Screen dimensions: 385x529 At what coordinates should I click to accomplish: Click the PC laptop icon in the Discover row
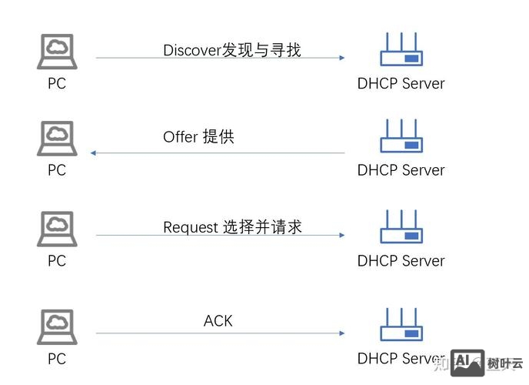pyautogui.click(x=57, y=51)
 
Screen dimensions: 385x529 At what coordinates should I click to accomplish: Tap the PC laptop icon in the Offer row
pyautogui.click(x=57, y=139)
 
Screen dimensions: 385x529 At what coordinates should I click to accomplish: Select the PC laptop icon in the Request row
pyautogui.click(x=57, y=229)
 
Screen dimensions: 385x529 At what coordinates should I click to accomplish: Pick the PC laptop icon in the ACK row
pyautogui.click(x=57, y=326)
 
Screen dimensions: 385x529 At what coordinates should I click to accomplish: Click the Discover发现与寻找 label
pyautogui.click(x=231, y=50)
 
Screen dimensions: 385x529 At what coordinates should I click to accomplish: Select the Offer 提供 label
pyautogui.click(x=198, y=137)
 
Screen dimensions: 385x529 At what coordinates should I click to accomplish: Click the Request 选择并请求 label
pyautogui.click(x=232, y=227)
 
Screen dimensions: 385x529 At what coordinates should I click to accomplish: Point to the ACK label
pyautogui.click(x=218, y=320)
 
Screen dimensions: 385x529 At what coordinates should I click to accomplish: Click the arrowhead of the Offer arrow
pyautogui.click(x=94, y=153)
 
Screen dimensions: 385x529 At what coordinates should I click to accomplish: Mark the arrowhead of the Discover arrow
pyautogui.click(x=341, y=58)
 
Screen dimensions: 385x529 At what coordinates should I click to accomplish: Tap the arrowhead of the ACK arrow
pyautogui.click(x=341, y=333)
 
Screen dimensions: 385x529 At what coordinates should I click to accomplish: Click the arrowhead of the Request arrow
pyautogui.click(x=341, y=236)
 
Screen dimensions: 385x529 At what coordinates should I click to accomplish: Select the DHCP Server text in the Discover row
pyautogui.click(x=401, y=83)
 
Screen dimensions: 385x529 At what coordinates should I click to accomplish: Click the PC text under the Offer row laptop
pyautogui.click(x=57, y=170)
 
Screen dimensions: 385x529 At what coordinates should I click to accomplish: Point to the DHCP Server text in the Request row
pyautogui.click(x=401, y=261)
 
